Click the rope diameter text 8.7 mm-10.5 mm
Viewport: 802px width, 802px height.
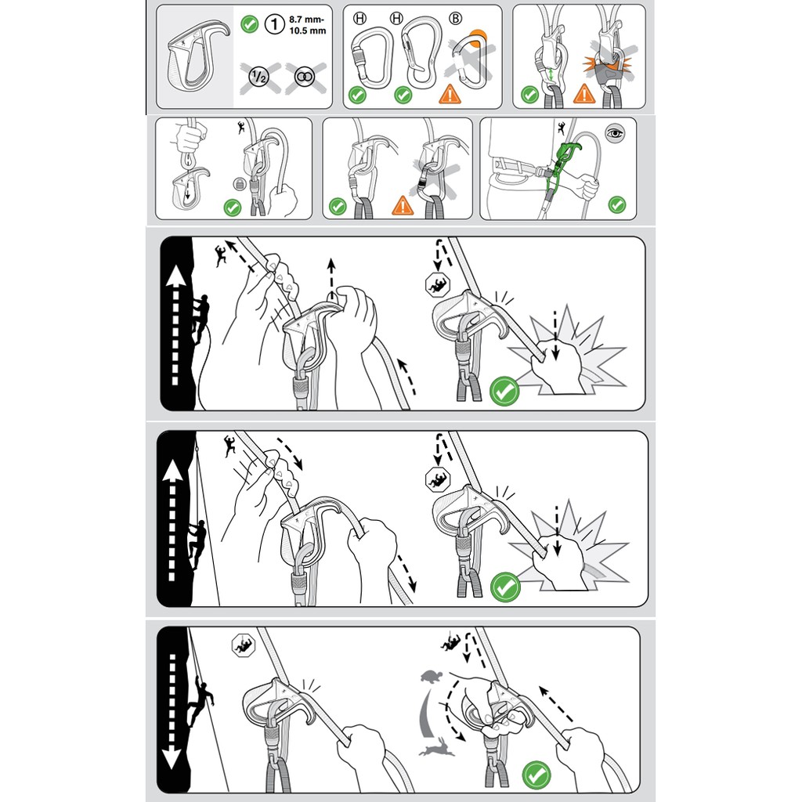click(x=307, y=25)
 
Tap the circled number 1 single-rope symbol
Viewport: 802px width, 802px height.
click(x=275, y=24)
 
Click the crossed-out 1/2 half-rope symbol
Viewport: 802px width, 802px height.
click(x=258, y=78)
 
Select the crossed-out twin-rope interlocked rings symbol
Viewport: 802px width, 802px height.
click(x=305, y=78)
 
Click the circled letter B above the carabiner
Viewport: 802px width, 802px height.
click(x=455, y=19)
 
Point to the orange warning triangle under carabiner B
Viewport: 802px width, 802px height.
click(x=450, y=95)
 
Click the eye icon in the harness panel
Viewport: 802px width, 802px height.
click(x=614, y=133)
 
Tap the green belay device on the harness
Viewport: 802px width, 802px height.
click(x=562, y=163)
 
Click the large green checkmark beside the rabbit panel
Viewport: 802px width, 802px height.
click(x=536, y=775)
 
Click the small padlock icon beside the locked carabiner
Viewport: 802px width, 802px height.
click(x=240, y=183)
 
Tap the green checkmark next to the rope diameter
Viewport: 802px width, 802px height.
click(x=250, y=23)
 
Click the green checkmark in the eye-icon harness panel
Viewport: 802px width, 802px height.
click(x=617, y=204)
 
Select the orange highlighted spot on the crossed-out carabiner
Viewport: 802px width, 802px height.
click(x=478, y=38)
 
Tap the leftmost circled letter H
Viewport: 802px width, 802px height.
click(x=360, y=19)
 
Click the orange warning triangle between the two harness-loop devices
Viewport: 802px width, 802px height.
click(x=583, y=94)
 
